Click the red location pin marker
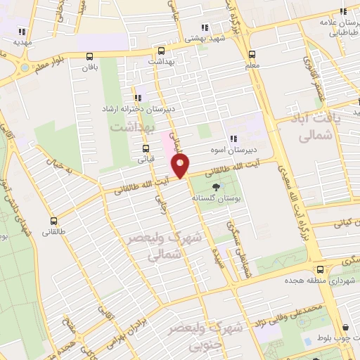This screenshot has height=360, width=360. pos(181,167)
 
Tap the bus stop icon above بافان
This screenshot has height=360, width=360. pos(89,56)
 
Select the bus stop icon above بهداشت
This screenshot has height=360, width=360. pos(161,51)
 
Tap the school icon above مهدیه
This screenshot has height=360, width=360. pos(22,31)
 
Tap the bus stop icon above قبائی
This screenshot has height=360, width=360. pos(146,148)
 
